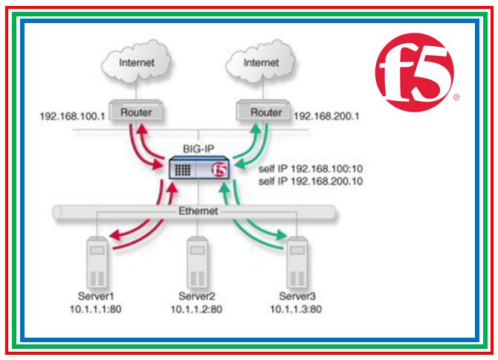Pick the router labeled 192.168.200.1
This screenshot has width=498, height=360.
pyautogui.click(x=266, y=113)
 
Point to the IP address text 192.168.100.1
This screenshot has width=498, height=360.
pyautogui.click(x=73, y=116)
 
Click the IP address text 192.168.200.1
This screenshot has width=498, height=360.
pyautogui.click(x=327, y=116)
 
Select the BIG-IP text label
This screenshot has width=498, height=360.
pyautogui.click(x=198, y=147)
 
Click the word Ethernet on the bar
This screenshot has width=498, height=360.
pyautogui.click(x=197, y=212)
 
